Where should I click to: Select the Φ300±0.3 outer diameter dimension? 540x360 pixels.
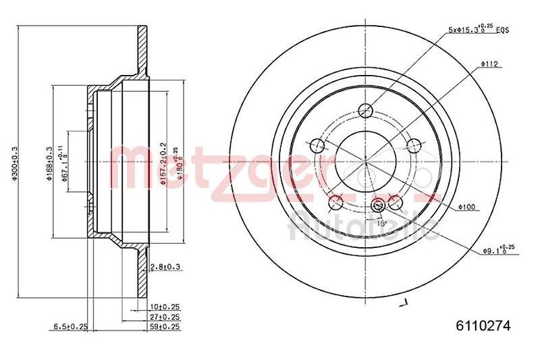13,161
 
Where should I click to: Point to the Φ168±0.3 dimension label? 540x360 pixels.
49,161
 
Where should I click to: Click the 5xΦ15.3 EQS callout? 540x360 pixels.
478,30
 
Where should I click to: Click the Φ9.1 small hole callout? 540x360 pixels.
498,251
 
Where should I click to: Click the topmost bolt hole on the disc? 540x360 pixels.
365,111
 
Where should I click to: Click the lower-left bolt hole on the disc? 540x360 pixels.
335,203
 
